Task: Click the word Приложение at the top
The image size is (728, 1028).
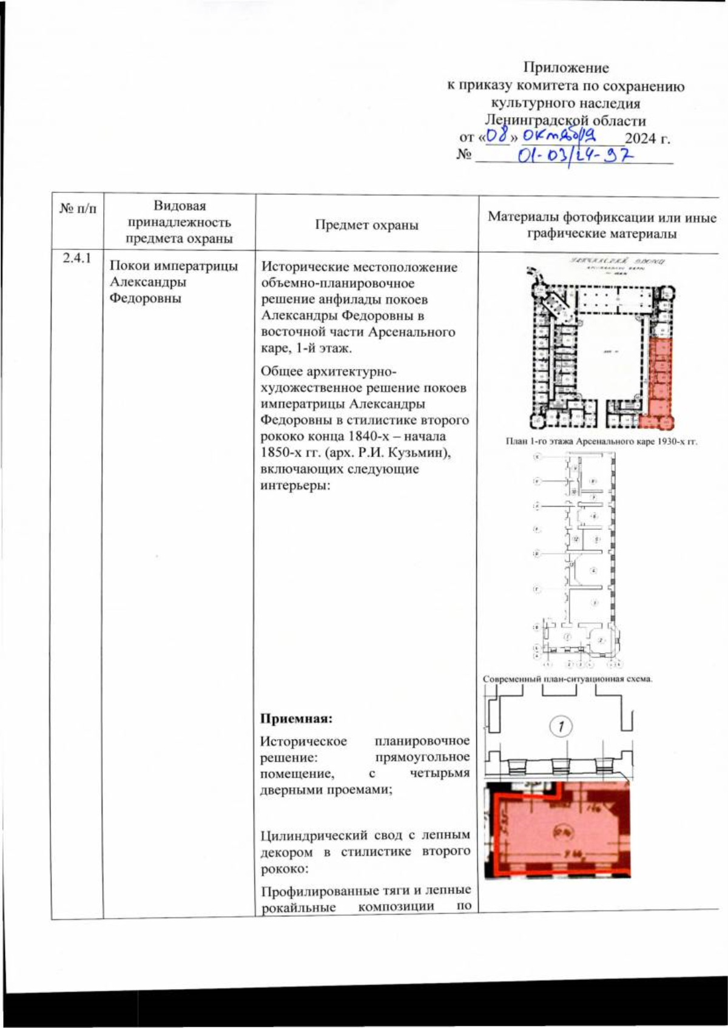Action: pyautogui.click(x=565, y=67)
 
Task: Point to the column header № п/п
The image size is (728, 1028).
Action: pyautogui.click(x=78, y=209)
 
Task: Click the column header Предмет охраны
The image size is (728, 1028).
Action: pyautogui.click(x=366, y=225)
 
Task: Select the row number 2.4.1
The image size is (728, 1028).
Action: pyautogui.click(x=77, y=259)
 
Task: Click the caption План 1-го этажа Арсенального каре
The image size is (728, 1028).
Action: pyautogui.click(x=601, y=442)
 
